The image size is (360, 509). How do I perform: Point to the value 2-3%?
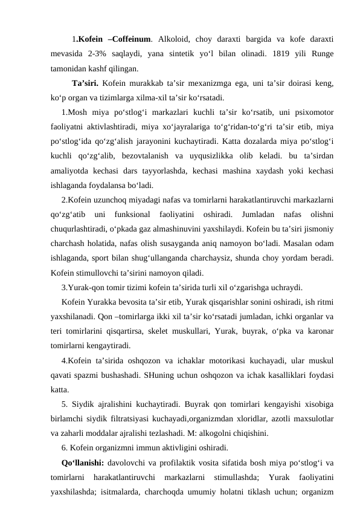(106, 53)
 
